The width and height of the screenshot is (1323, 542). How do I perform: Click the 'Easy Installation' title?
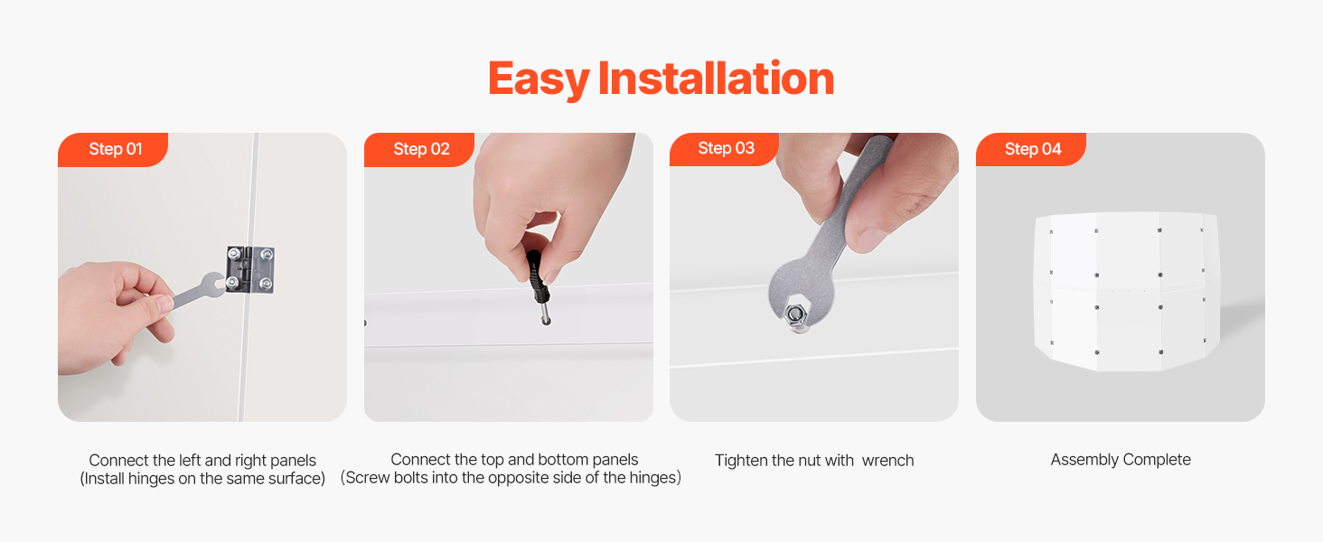coord(661,79)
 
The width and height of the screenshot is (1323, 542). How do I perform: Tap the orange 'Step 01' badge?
coord(113,149)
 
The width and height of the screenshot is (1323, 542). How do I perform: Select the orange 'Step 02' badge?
coord(419,149)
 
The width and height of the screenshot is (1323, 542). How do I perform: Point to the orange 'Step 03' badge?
coord(725,149)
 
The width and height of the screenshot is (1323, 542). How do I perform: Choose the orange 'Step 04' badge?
coord(1031,149)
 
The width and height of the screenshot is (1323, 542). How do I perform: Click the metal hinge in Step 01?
coord(249,270)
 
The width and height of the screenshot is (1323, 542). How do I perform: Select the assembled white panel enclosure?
coord(1125,292)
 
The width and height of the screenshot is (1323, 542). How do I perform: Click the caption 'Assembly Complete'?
coord(1121,459)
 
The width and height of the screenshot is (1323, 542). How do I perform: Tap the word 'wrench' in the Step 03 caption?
coord(887,461)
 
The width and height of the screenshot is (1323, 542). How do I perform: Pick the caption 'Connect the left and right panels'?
coord(202,461)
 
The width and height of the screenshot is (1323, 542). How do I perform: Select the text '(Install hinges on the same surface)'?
coord(202,478)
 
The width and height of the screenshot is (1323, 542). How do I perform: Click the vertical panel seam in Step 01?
coord(249,277)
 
